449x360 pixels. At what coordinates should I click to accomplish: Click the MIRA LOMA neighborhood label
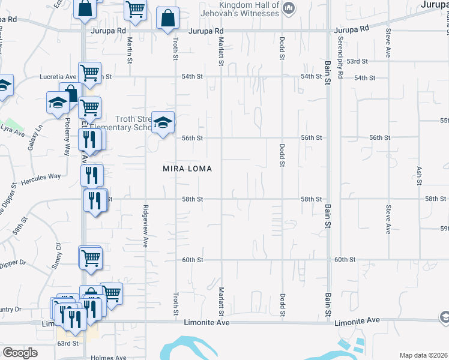coord(187,169)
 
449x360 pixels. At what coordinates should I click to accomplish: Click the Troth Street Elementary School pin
coord(162,123)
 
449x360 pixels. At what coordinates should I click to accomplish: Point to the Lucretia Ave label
coord(58,77)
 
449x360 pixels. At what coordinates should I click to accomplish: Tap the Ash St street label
coord(419,174)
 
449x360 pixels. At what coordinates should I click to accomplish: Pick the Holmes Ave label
coord(109,358)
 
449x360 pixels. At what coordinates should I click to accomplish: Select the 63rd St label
coord(68,343)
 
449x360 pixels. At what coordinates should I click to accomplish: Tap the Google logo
coord(20,353)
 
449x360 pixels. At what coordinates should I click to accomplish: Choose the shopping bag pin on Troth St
coord(167,19)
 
